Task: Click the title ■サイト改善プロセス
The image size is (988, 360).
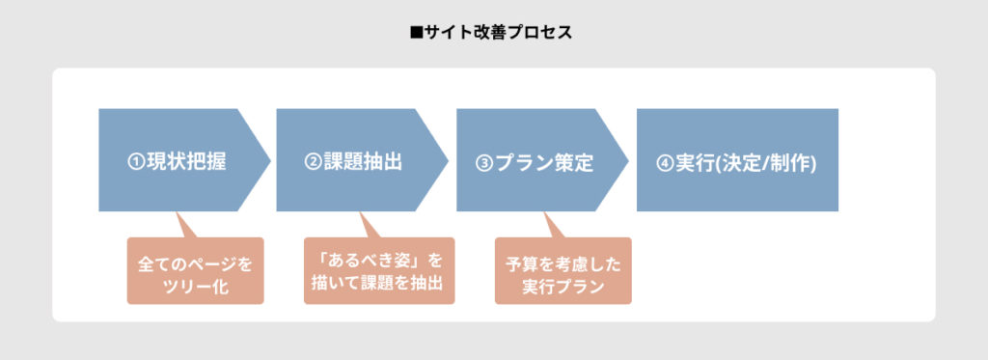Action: (x=493, y=33)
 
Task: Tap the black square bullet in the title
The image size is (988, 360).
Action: (x=417, y=33)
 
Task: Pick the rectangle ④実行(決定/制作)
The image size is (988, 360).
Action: (x=737, y=160)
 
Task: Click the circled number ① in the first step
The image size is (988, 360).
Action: (x=136, y=162)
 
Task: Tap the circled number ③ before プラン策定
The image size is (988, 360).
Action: (x=484, y=162)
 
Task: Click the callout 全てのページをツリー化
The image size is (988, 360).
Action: (x=195, y=273)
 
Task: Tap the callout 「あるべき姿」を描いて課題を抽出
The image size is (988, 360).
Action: (x=378, y=273)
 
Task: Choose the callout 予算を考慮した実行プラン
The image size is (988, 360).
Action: (x=563, y=273)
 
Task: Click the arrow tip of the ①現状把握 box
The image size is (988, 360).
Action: (x=261, y=160)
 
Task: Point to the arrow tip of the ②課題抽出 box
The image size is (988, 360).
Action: (x=439, y=160)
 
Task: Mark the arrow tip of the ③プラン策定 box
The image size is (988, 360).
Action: (x=618, y=160)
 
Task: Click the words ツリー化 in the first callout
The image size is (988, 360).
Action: (x=195, y=287)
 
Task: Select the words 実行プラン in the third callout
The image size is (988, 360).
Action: (x=563, y=287)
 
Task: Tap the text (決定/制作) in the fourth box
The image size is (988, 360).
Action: (x=769, y=162)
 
